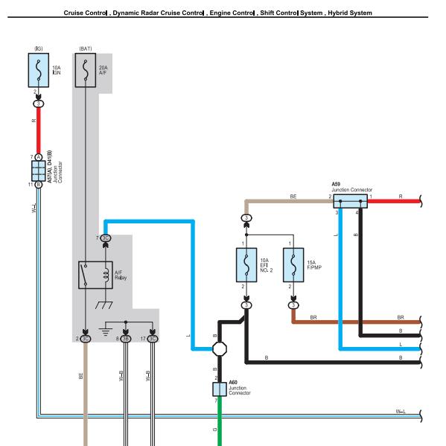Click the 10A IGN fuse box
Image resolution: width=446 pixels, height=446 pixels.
pos(39,70)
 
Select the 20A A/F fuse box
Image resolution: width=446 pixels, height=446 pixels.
pos(86,70)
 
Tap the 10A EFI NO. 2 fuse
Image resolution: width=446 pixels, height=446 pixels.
pos(246,265)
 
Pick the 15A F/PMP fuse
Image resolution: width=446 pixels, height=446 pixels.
pos(293,265)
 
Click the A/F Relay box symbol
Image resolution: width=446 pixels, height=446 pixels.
pos(95,275)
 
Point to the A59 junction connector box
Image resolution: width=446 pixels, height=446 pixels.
pos(350,201)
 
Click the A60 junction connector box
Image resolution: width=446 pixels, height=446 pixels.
pos(220,389)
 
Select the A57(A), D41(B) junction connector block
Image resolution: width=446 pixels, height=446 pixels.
pos(39,171)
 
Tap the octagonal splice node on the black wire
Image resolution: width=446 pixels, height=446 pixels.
pos(220,348)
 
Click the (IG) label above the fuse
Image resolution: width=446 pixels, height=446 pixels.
pos(39,48)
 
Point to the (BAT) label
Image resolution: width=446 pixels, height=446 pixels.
pos(86,48)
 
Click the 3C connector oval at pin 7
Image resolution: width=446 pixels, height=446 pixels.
pos(105,238)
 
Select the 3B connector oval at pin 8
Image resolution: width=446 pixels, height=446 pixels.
pos(125,339)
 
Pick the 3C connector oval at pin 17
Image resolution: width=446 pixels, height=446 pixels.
pos(153,339)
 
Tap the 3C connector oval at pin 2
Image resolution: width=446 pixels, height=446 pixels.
pos(86,339)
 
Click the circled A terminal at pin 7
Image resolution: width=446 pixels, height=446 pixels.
pos(39,157)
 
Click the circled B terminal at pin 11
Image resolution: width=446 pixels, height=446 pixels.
pos(39,185)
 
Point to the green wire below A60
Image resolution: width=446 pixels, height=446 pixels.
pos(220,421)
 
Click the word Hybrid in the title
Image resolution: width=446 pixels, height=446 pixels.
pos(338,13)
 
